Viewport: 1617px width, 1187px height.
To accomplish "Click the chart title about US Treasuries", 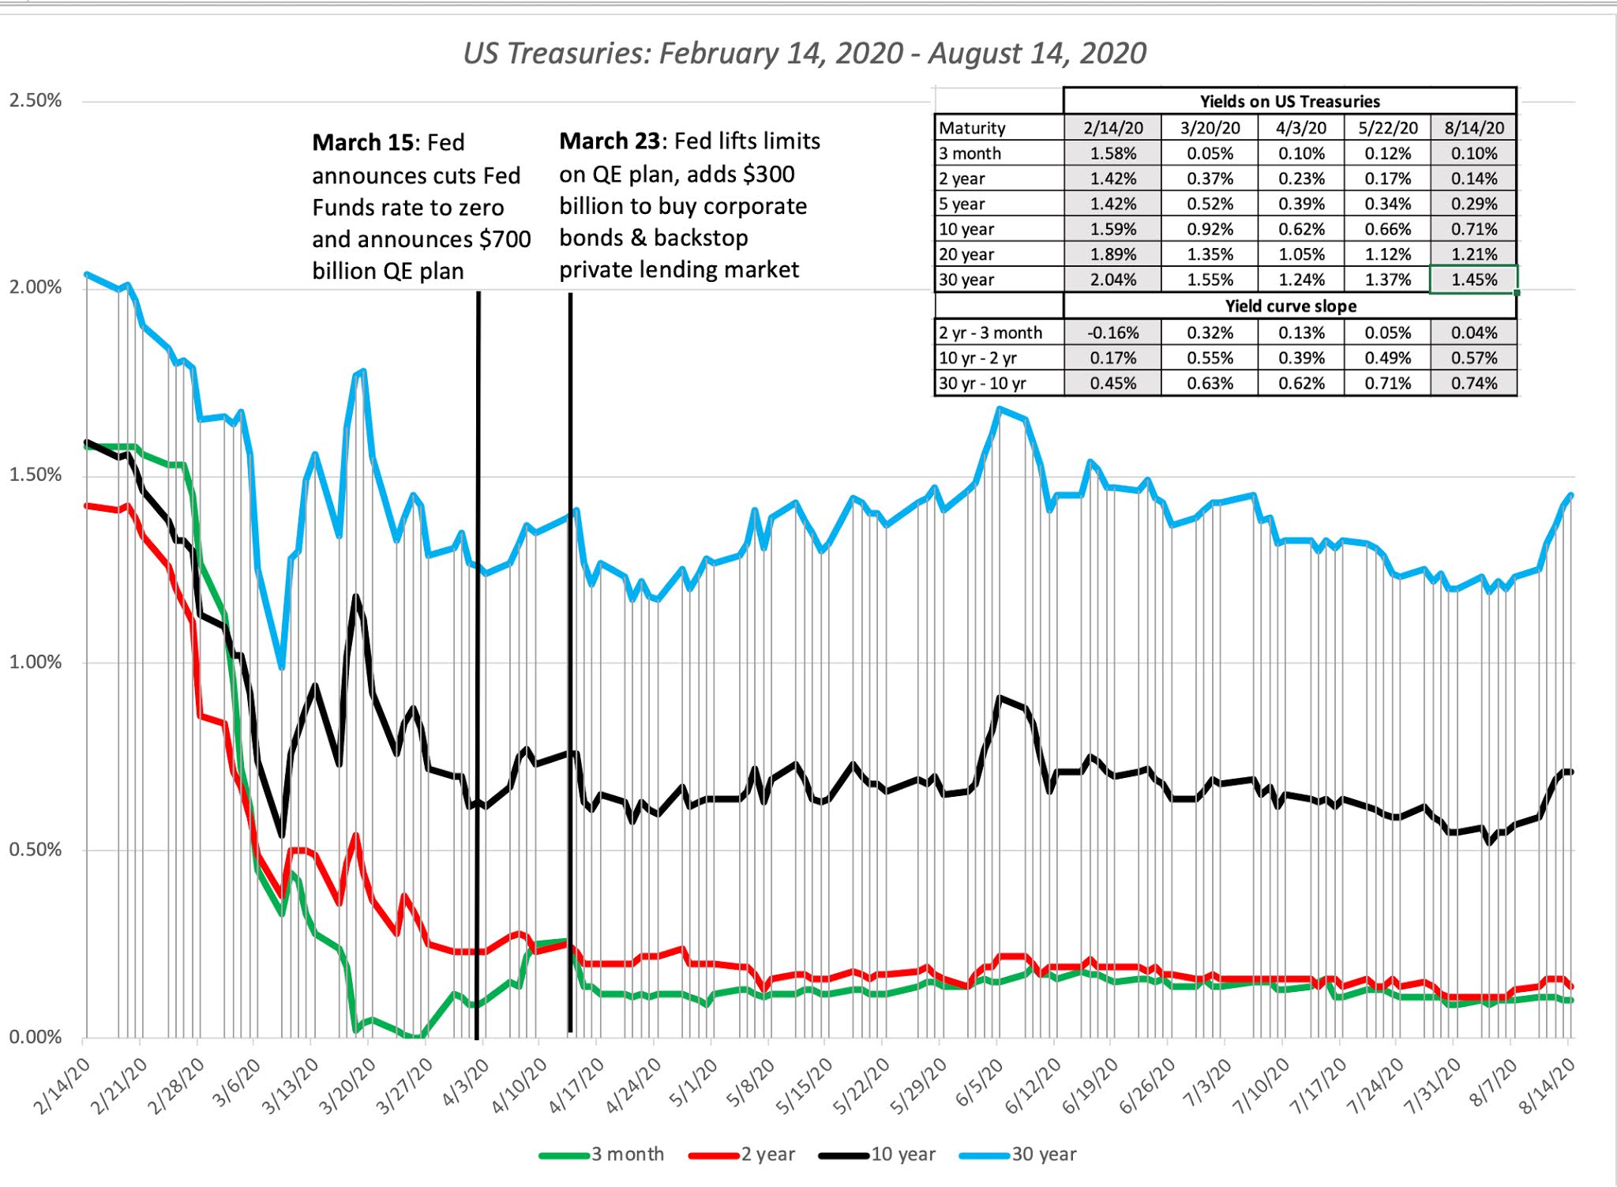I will (804, 54).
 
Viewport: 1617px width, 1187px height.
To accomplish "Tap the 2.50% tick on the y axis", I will (35, 101).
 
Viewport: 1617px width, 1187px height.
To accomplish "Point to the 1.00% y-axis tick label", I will (35, 662).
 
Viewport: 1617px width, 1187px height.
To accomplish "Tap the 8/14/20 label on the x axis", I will (1547, 1087).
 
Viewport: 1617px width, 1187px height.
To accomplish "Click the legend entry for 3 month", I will (627, 1155).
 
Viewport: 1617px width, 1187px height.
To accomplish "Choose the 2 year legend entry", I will (767, 1155).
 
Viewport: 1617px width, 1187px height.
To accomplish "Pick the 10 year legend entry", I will (902, 1155).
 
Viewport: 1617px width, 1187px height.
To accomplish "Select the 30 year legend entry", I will (1043, 1155).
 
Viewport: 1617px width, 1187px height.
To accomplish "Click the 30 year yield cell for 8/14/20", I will (1473, 280).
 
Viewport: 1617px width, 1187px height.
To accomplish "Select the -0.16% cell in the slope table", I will (1112, 332).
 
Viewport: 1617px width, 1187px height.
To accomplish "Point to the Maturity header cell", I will (972, 128).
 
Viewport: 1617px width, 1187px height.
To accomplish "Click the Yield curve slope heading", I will (1290, 306).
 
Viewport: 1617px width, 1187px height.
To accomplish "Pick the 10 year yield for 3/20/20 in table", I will (1210, 229).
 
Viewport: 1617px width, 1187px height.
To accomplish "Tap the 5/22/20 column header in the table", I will (1387, 128).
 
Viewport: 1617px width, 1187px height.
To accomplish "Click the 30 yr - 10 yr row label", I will (982, 383).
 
